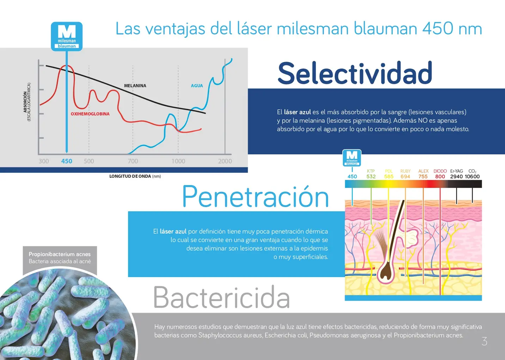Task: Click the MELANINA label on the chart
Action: (135, 86)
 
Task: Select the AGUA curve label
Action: (197, 86)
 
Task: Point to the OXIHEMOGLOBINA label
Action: (90, 114)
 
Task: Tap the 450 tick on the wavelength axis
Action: (67, 161)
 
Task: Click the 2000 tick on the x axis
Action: (225, 161)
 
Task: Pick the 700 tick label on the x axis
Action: (133, 161)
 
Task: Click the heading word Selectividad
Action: (355, 73)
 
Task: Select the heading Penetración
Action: (255, 196)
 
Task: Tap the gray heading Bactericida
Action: (221, 297)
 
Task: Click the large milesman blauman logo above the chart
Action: (67, 36)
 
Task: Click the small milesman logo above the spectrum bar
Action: (352, 158)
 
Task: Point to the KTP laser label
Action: (371, 171)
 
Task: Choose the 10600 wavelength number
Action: (472, 177)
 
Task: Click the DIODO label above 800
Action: (440, 171)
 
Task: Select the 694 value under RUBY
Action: (405, 177)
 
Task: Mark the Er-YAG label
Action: (457, 171)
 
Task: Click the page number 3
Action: (484, 341)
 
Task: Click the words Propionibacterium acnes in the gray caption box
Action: (60, 254)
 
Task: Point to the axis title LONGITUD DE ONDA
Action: (130, 176)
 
